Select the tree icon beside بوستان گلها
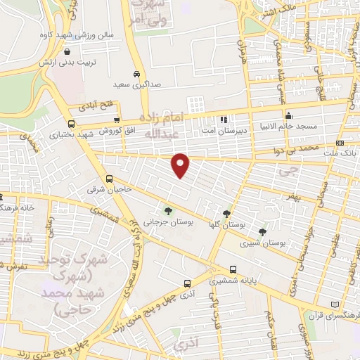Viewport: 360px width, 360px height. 227,213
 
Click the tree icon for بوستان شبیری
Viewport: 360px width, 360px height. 262,231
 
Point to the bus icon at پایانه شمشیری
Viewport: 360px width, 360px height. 233,269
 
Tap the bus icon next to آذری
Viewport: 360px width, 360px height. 187,283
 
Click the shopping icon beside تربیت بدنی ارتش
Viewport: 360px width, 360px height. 67,51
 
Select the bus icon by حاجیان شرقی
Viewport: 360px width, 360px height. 110,179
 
